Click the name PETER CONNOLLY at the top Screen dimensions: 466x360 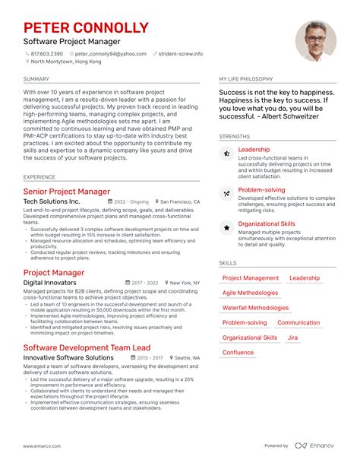pyautogui.click(x=86, y=28)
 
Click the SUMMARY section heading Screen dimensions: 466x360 pyautogui.click(x=36, y=79)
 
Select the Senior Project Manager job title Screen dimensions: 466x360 pyautogui.click(x=66, y=192)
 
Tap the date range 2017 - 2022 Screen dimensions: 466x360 pyautogui.click(x=143, y=283)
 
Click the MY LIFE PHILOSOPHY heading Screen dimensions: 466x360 pyautogui.click(x=247, y=79)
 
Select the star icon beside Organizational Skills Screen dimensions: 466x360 pyautogui.click(x=226, y=227)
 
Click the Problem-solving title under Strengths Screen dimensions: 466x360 pyautogui.click(x=261, y=190)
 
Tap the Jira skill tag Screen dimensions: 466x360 pyautogui.click(x=292, y=338)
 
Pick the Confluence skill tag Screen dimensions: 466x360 pyautogui.click(x=238, y=353)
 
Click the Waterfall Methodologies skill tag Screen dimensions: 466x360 pyautogui.click(x=255, y=308)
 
